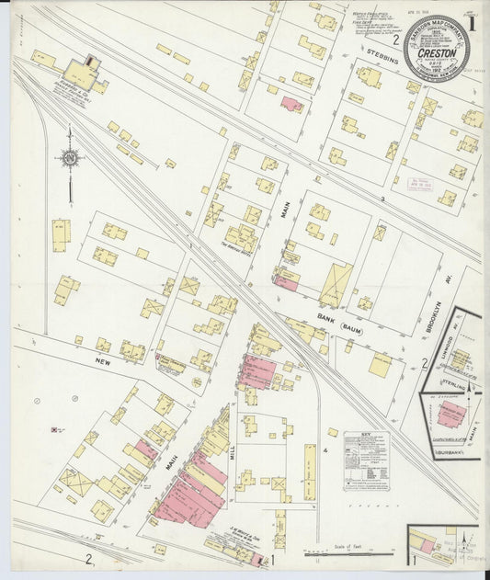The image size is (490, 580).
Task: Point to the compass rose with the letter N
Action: click(70, 158)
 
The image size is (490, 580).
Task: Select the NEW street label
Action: click(102, 362)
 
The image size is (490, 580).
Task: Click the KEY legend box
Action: click(366, 460)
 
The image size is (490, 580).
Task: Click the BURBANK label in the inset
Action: click(444, 450)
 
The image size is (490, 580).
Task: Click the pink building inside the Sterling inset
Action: click(450, 414)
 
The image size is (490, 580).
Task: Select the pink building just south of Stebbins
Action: click(291, 105)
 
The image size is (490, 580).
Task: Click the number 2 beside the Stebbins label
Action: click(396, 40)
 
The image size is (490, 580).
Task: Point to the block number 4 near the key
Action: click(325, 450)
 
